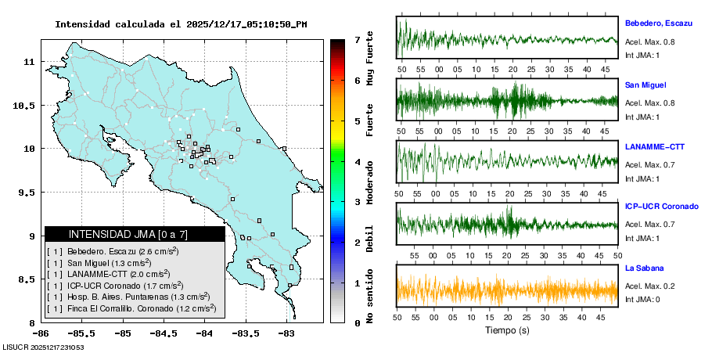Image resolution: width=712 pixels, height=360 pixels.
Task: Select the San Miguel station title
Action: (645, 85)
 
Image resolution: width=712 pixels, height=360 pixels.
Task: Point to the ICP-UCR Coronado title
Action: (661, 207)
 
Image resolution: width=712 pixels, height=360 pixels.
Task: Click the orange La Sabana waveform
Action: (507, 291)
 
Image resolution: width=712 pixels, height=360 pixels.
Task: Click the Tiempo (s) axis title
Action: (507, 330)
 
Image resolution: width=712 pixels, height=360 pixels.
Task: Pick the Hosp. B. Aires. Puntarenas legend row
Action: (131, 297)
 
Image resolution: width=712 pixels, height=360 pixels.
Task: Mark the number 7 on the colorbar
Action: (356, 39)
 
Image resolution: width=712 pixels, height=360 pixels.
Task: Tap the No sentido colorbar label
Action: (370, 295)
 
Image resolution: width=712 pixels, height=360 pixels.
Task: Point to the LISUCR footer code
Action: (44, 347)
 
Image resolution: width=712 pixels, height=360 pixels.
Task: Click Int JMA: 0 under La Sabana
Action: (642, 300)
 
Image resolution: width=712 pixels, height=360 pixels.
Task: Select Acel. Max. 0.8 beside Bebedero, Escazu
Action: (649, 42)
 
